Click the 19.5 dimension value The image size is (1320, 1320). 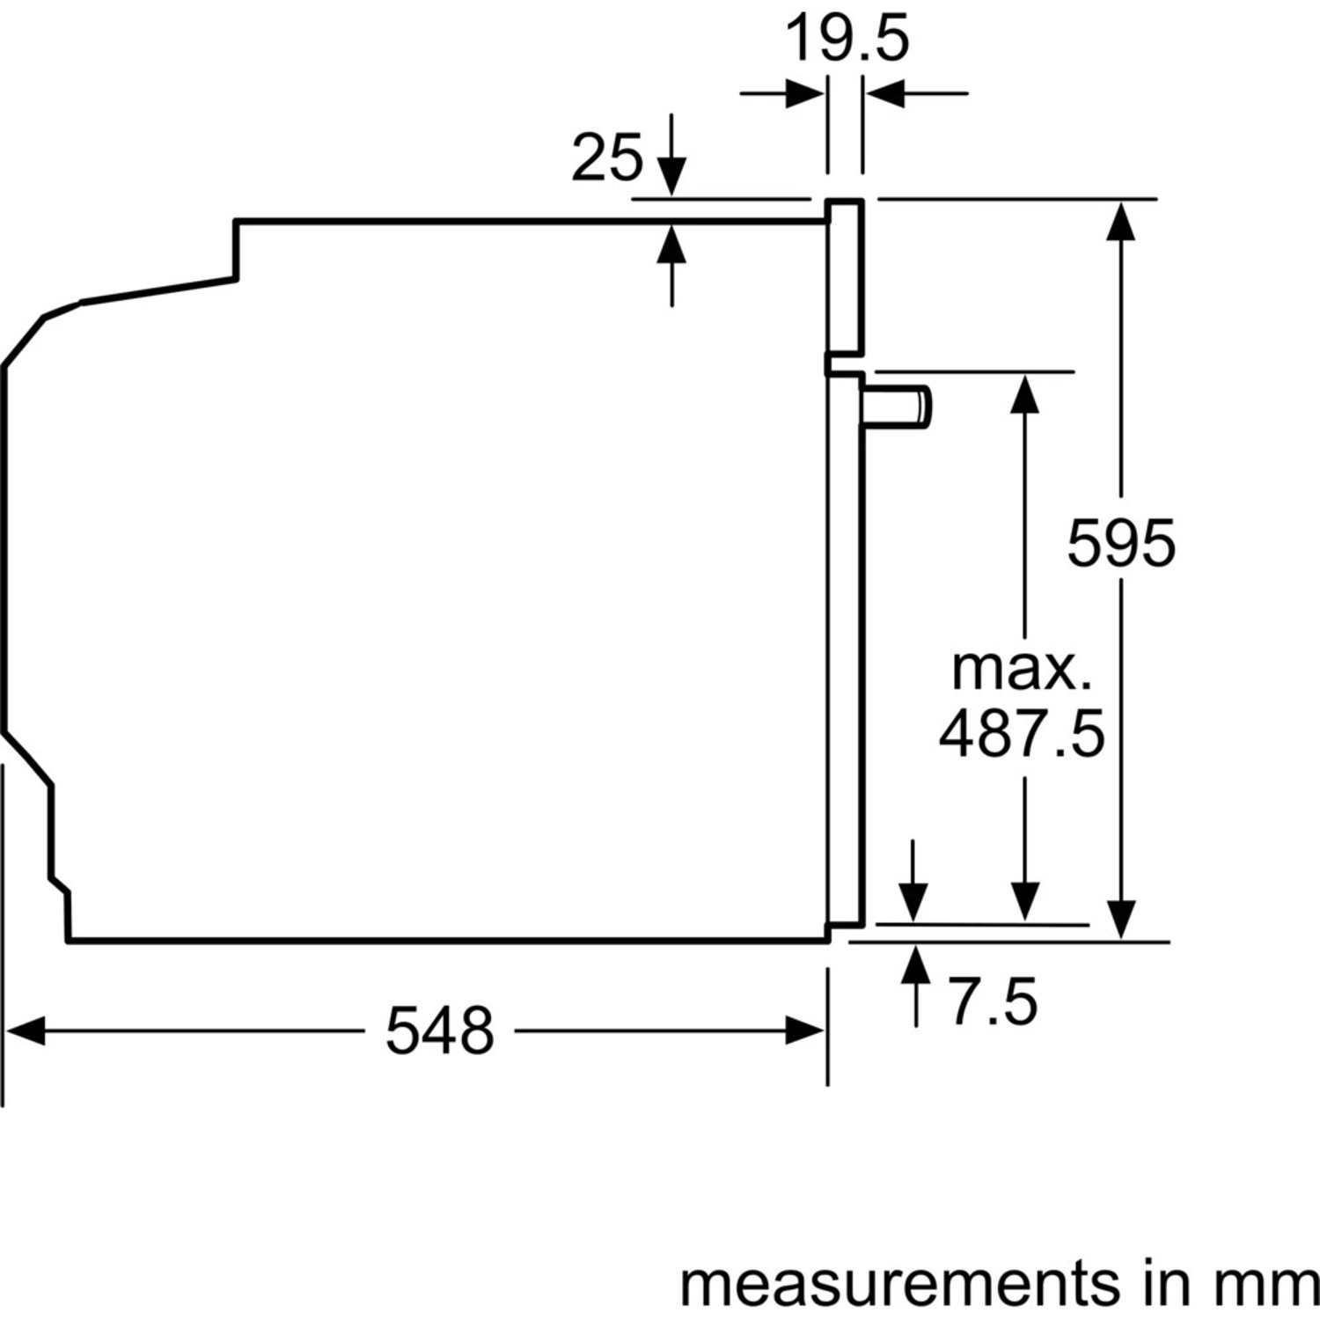pos(846,39)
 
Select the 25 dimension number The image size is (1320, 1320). pos(607,159)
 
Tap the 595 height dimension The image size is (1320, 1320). pos(1121,543)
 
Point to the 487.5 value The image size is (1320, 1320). pos(1021,735)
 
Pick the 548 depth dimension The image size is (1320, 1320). pos(439,1030)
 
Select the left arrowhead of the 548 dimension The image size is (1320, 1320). pos(25,1030)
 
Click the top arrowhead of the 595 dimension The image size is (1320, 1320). pos(1121,220)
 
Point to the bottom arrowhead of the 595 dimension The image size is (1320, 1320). pos(1121,920)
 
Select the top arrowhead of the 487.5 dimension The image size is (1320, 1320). pos(1023,392)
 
